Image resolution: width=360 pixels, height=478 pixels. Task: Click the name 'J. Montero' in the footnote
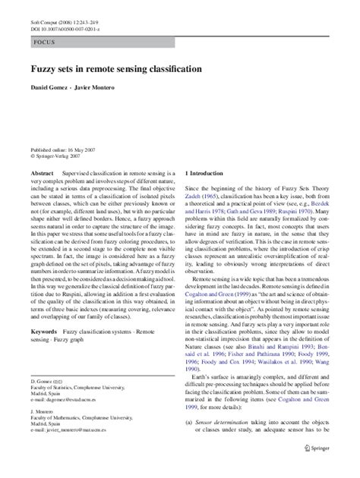pyautogui.click(x=43, y=436)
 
